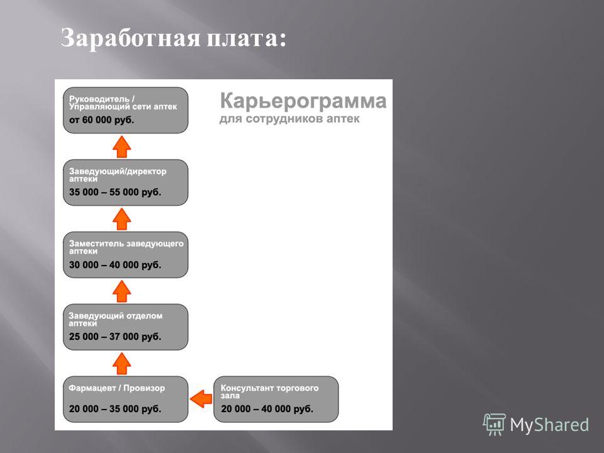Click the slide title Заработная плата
pos(174,39)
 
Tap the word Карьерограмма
pos(303,101)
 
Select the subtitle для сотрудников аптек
pos(289,119)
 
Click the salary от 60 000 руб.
pos(102,120)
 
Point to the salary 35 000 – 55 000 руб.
pos(115,192)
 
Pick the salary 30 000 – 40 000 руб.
pos(115,265)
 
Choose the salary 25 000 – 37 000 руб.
pos(115,336)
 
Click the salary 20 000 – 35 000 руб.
pos(115,409)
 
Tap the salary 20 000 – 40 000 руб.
pos(267,409)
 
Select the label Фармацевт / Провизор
pos(117,388)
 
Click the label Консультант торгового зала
pos(270,391)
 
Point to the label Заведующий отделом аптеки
pos(116,320)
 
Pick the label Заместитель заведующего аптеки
pos(126,247)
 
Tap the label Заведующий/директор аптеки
pos(118,175)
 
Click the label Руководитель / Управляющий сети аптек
pos(123,103)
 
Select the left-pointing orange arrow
pos(201,399)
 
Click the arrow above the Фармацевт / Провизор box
pos(121,363)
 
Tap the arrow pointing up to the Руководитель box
pos(121,147)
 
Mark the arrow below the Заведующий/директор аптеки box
pos(121,219)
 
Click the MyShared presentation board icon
pos(495,425)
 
